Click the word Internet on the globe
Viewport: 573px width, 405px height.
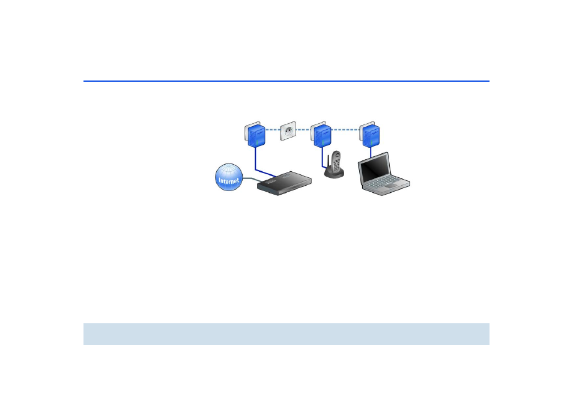point(229,181)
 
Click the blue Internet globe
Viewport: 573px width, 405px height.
point(229,177)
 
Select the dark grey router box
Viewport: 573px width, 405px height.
point(284,183)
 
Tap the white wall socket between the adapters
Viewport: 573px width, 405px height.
point(288,131)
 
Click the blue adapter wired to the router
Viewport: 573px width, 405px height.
point(255,135)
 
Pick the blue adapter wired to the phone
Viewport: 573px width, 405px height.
point(321,135)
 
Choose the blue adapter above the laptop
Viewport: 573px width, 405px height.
point(370,135)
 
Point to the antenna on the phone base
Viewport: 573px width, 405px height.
point(328,162)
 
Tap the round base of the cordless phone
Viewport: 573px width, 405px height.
point(334,172)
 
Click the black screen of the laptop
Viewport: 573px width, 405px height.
point(374,168)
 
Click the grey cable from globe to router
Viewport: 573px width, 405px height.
point(252,180)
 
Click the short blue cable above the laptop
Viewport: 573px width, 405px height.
point(371,152)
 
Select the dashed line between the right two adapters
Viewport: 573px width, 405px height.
point(345,129)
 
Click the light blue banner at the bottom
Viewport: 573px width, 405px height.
point(286,333)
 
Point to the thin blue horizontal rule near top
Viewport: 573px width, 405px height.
point(286,81)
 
